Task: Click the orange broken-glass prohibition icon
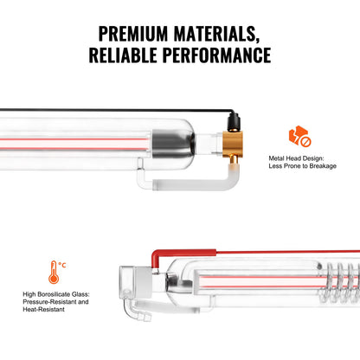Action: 299,137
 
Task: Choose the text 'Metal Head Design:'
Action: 299,158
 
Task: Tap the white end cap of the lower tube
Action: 139,280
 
